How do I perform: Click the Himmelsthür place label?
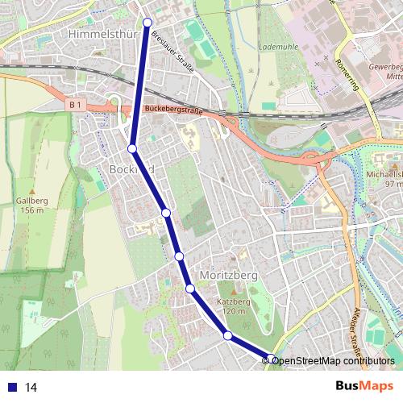click(x=106, y=35)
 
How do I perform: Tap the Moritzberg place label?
click(x=226, y=275)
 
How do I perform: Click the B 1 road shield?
click(x=76, y=104)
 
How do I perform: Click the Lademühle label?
click(x=277, y=47)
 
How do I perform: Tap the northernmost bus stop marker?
click(x=147, y=23)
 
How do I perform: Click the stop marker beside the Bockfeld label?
click(x=131, y=148)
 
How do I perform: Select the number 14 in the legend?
click(x=31, y=387)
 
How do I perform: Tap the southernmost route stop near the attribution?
click(x=273, y=359)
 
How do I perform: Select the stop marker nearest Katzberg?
click(x=228, y=335)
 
